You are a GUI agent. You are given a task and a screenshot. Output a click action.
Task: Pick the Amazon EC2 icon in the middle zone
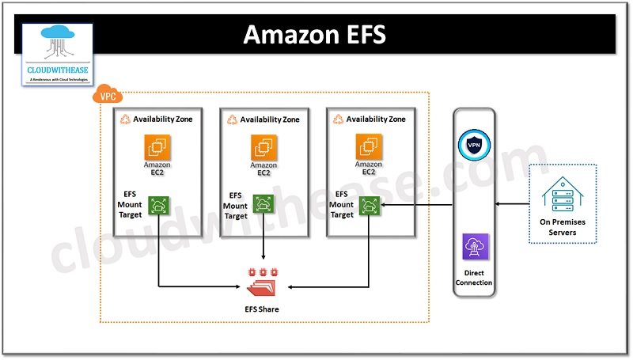264,148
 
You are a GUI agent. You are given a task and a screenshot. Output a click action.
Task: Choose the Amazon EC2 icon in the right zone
369,146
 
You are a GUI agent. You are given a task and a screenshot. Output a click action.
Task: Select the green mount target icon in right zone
369,206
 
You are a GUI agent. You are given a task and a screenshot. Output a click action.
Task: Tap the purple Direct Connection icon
475,248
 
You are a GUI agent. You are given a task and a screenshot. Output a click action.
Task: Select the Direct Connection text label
475,277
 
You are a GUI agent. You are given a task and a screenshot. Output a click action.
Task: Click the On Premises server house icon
563,193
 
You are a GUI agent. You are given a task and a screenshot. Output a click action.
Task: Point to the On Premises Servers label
563,227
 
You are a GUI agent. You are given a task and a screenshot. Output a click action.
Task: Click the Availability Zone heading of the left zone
162,119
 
